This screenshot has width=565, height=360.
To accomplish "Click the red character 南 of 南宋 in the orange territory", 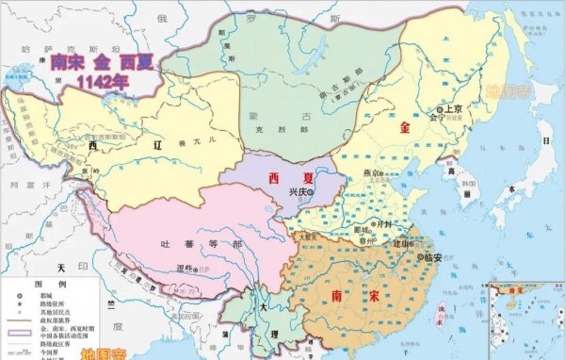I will tap(336, 296).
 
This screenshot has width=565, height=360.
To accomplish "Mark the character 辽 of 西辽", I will tap(155, 149).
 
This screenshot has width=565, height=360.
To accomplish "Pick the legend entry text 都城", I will tap(52, 295).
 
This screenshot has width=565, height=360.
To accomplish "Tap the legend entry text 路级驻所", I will tap(56, 303).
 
